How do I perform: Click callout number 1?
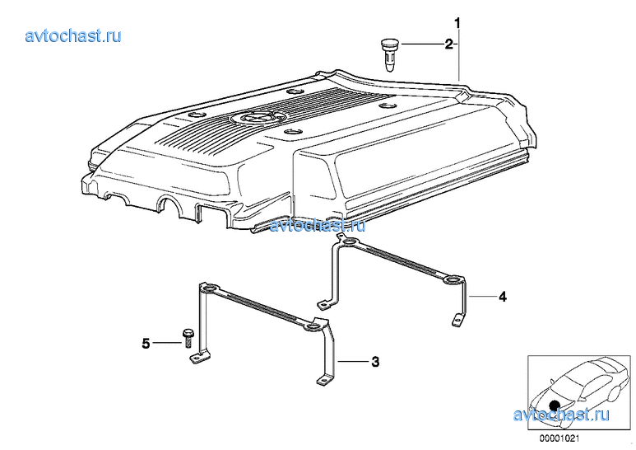(x=457, y=23)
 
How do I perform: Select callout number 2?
(x=448, y=44)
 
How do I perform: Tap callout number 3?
(x=375, y=361)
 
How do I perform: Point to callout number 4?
(x=503, y=297)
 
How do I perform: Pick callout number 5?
(x=146, y=344)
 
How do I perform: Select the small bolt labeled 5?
(x=188, y=338)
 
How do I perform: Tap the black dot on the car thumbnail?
(x=554, y=405)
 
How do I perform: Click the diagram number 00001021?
(x=559, y=438)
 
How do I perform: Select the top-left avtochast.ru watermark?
(x=73, y=35)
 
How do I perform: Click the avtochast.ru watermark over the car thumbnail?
(x=561, y=415)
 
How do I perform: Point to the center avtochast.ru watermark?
(x=318, y=225)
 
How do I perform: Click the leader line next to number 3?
(x=352, y=361)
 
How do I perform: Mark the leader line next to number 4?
(x=482, y=297)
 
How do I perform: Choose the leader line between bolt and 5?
(x=167, y=344)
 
